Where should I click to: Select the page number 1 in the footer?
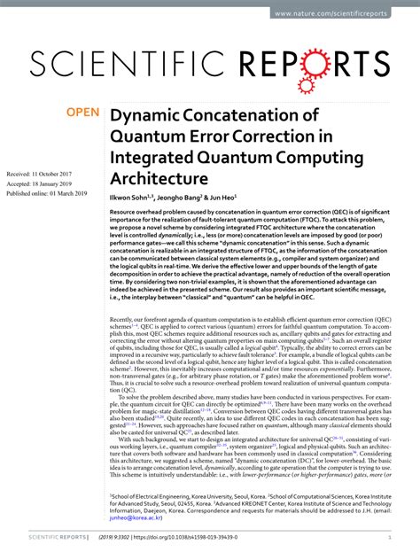pos(392,537)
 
